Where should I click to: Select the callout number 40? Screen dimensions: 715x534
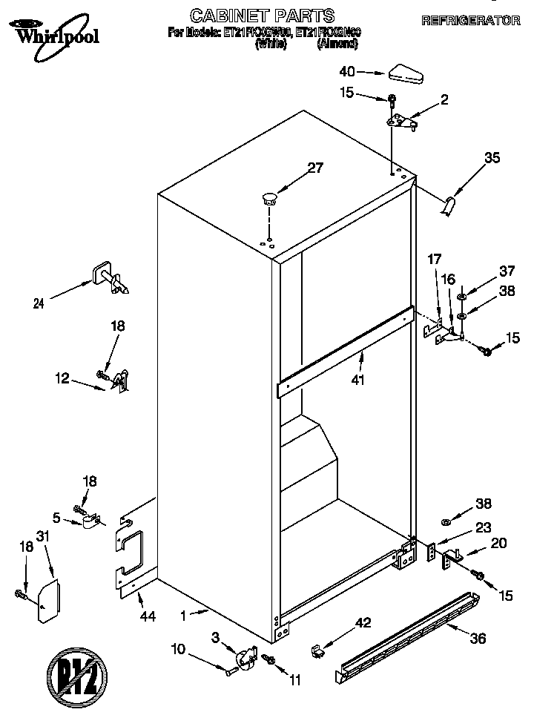pyautogui.click(x=347, y=72)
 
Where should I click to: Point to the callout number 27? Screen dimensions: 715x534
pyautogui.click(x=315, y=168)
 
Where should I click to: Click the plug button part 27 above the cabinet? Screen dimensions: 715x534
pyautogui.click(x=268, y=198)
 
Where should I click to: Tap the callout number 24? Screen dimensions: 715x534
pyautogui.click(x=38, y=302)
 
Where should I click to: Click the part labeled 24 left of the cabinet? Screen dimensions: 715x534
pyautogui.click(x=108, y=279)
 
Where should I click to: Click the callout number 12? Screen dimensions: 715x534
pyautogui.click(x=62, y=378)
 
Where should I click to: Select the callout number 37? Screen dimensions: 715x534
pyautogui.click(x=507, y=271)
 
